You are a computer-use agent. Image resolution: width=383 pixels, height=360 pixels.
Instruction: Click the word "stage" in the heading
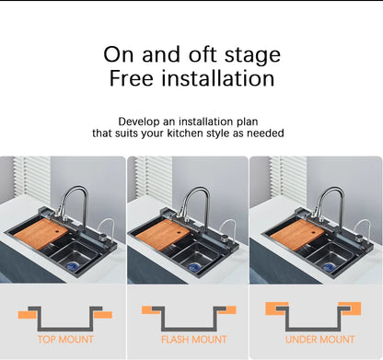pos(252,56)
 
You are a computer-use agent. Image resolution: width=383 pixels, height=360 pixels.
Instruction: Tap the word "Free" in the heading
pos(131,78)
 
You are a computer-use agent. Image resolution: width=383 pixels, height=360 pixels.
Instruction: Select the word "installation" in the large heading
pos(218,78)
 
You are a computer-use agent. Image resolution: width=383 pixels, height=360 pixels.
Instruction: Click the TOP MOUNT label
pos(65,339)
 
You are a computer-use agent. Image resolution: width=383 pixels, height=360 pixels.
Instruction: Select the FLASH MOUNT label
pos(194,340)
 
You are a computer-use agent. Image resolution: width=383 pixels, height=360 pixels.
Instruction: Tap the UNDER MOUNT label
pos(319,340)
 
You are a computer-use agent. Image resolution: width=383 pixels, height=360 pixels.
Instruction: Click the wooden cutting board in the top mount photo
pos(41,234)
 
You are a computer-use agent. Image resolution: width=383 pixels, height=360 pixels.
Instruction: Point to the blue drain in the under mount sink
pos(329,267)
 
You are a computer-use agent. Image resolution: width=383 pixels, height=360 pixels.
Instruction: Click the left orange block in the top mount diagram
pos(27,315)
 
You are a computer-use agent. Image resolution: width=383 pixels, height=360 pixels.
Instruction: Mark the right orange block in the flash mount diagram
pos(227,310)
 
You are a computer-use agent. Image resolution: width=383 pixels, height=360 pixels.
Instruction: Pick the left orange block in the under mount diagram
pos(276,308)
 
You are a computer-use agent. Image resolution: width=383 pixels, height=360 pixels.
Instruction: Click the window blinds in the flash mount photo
pos(154,178)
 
